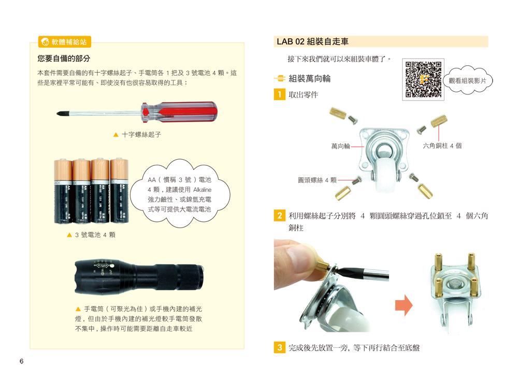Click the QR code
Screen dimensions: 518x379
click(x=423, y=79)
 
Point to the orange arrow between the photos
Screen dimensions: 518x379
click(x=404, y=305)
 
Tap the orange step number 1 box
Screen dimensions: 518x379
click(x=280, y=94)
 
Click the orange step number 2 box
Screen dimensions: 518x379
click(x=280, y=216)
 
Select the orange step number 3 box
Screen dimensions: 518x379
click(x=280, y=347)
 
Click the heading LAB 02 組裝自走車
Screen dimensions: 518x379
click(x=312, y=41)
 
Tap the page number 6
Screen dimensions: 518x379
click(x=21, y=361)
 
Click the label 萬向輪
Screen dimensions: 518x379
click(x=340, y=146)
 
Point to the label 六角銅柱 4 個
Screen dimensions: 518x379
click(x=442, y=146)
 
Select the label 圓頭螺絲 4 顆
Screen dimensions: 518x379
click(x=317, y=180)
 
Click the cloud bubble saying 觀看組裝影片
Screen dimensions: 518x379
click(x=467, y=80)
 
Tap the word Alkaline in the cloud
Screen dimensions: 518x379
click(x=202, y=190)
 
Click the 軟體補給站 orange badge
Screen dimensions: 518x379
click(x=65, y=42)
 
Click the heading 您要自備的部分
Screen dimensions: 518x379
click(x=64, y=59)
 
